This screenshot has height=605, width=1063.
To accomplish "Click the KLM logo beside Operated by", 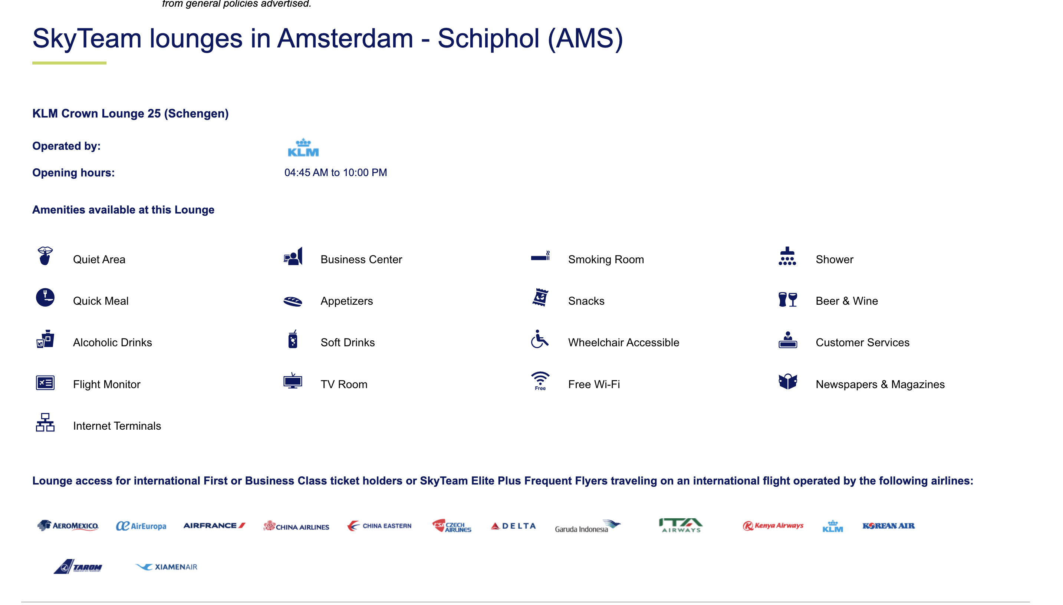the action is [303, 148].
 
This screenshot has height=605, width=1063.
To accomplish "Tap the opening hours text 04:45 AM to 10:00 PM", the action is [336, 172].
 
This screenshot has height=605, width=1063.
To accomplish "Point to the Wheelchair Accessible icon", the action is [539, 340].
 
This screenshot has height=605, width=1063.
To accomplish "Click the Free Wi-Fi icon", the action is [540, 381].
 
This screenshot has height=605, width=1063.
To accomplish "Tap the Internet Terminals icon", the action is [45, 423].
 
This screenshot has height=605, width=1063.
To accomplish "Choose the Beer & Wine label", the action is [846, 301].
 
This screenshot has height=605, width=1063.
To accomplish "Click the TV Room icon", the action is [293, 381].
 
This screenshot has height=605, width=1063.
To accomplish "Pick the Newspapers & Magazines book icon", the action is [787, 381].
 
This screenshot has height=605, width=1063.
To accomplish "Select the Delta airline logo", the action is [513, 526].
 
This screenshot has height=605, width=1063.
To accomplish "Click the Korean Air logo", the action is [888, 526].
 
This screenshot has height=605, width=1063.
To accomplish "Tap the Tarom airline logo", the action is [78, 566].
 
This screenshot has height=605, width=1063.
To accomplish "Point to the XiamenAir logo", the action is [166, 567].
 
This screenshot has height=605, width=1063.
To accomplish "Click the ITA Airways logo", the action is [681, 525].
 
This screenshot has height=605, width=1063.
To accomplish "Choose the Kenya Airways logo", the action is [773, 526].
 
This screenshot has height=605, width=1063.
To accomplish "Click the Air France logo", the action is [214, 526].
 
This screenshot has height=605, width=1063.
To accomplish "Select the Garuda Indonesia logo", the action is [588, 526].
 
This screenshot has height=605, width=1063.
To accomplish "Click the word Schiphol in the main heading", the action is [488, 38].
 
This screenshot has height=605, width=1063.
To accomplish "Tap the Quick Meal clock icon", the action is [45, 298].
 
